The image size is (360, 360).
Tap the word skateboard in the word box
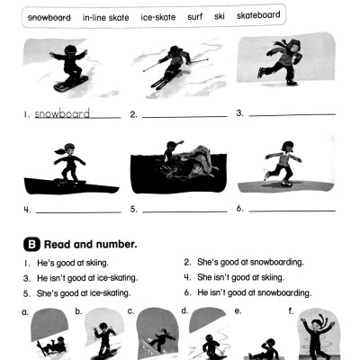(258, 16)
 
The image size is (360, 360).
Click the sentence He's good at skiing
(71, 262)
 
